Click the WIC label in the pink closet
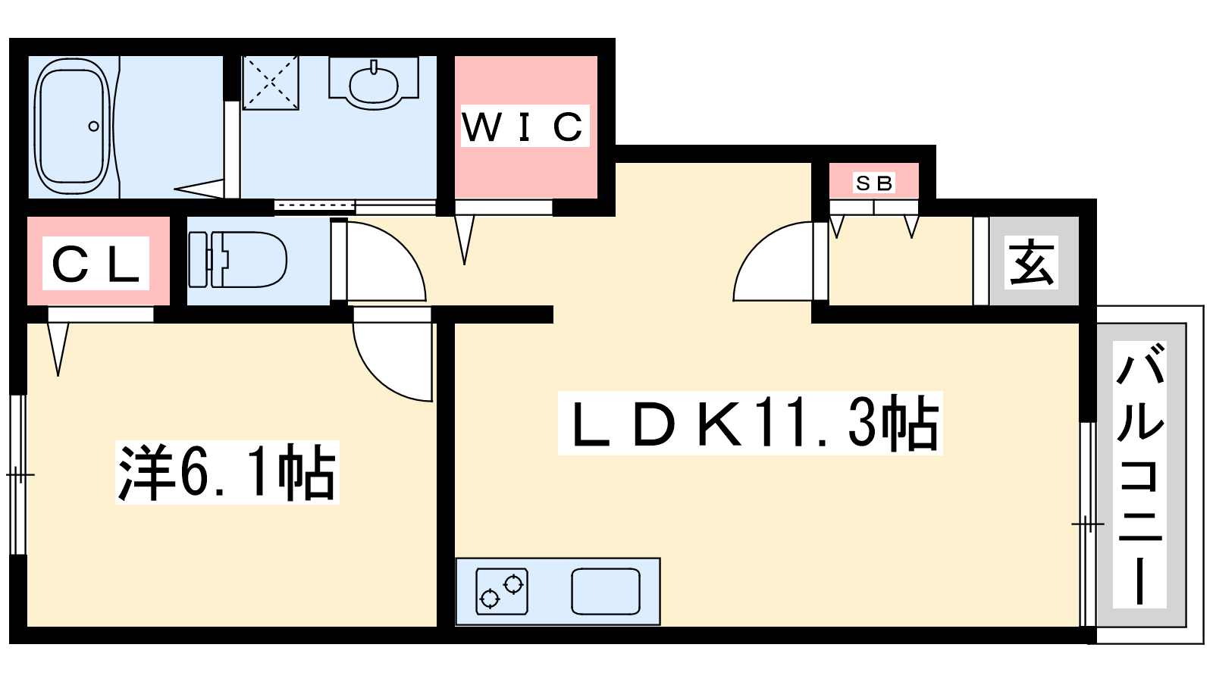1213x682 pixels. coord(524,127)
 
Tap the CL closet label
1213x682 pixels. coord(96,264)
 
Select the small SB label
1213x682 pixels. coord(874,183)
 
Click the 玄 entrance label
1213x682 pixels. coord(1032,262)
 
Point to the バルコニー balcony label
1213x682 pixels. coord(1139,474)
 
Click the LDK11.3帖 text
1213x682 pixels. coord(750,423)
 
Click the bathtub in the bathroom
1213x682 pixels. coord(71,127)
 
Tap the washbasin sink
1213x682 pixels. coord(373,83)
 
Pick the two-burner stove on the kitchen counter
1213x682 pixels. coord(502,591)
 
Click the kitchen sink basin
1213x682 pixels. coord(606,591)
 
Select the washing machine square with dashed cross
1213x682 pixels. coord(271,82)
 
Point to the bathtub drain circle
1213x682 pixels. coord(94,127)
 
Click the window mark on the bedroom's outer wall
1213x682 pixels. coord(19,475)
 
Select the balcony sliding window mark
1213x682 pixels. coord(1087,524)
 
